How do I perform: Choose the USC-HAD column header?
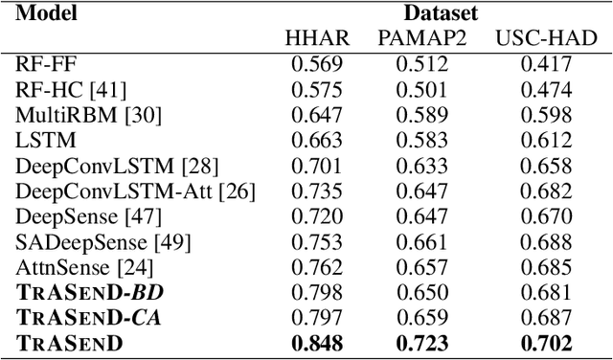[545, 38]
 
